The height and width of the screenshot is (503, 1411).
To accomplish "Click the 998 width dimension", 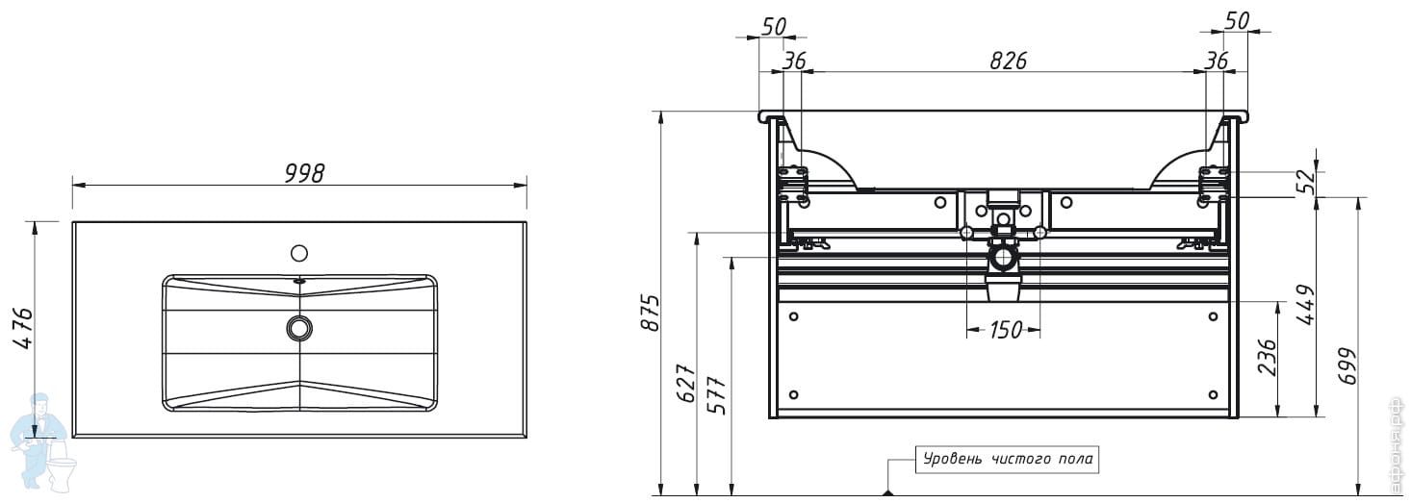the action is (x=304, y=173).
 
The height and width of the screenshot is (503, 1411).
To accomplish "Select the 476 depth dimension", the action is (x=23, y=328).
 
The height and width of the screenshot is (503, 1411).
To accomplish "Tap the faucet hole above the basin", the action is (x=299, y=253).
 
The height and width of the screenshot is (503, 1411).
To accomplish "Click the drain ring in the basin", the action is (x=298, y=327).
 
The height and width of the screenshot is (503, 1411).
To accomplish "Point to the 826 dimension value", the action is (x=1008, y=61).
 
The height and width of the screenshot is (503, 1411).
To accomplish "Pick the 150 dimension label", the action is (x=1006, y=329).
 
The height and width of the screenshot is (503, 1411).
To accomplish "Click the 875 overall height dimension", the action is (x=651, y=312).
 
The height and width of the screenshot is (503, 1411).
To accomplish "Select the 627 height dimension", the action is (x=685, y=382).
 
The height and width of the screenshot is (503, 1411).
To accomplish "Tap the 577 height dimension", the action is (x=717, y=395).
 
